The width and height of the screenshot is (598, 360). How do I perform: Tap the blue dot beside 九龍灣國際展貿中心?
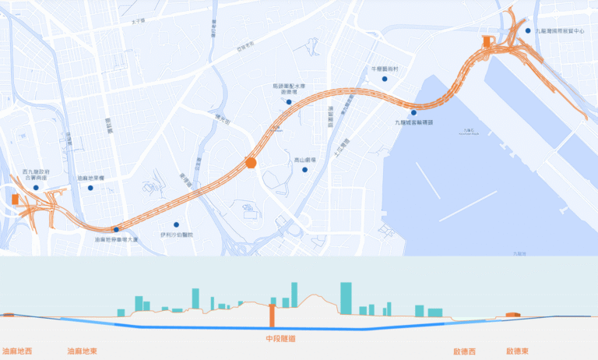tap(528, 30)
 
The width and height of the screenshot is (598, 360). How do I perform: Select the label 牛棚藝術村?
tap(384, 69)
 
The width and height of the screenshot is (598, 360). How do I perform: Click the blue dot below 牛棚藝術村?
tap(384, 79)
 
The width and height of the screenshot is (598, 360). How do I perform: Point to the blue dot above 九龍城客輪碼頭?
tap(413, 113)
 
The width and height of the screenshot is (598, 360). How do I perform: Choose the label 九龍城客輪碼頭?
tap(413, 122)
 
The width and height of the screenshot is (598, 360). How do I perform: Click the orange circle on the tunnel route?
tap(251, 162)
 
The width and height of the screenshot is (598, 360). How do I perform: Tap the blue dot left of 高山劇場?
tap(306, 169)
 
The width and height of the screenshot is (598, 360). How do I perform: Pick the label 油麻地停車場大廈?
tap(116, 239)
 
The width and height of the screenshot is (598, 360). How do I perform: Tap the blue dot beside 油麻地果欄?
tap(90, 188)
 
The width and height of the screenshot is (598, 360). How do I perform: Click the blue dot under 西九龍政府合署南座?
tap(36, 188)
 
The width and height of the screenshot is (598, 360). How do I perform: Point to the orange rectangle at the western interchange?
tap(16, 200)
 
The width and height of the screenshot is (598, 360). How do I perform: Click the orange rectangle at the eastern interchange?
tap(486, 41)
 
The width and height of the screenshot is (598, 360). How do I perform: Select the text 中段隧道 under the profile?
tap(280, 338)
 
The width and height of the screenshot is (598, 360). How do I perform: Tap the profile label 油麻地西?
tap(18, 351)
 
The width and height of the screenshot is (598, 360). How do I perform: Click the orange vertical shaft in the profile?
tap(272, 316)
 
